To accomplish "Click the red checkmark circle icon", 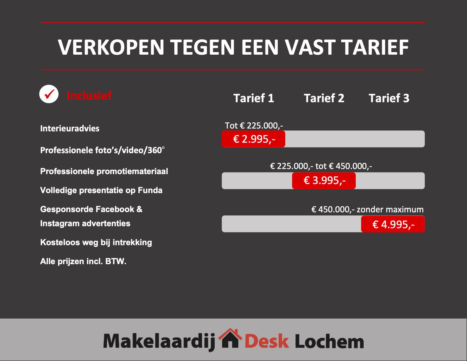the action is pos(49,94).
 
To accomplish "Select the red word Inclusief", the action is pos(89,95).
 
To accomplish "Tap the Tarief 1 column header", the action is pos(254,98).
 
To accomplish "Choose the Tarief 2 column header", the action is pos(324,98).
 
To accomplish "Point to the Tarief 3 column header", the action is pos(389,98).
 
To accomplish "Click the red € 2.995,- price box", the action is pos(253,139).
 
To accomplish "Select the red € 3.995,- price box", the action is pos(324,181).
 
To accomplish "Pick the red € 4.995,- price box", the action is pos(393,224).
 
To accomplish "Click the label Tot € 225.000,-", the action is pos(254,125).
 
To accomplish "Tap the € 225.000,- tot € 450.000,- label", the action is pos(321,166).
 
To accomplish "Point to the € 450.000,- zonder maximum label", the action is pos(367,209).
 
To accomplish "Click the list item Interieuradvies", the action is pos(70,128).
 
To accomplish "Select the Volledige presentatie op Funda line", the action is pos(101,190).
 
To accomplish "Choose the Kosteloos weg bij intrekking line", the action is pos(96,243).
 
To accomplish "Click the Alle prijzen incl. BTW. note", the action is pos(83,261).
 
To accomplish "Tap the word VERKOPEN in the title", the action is pos(111,47).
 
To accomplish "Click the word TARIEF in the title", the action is pos(374,47).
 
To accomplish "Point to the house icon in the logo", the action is pos(230,338).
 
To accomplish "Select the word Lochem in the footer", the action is pos(329,341).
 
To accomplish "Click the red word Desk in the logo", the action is pos(267,341).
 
